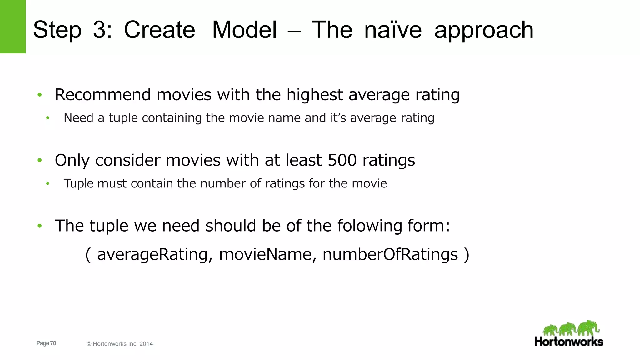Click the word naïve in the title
point(393,30)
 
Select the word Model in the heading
point(244,30)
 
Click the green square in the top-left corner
point(12,27)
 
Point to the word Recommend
point(103,95)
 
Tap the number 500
point(342,160)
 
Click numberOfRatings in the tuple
point(390,254)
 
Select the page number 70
point(53,343)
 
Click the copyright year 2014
point(146,344)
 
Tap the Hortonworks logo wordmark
point(569,342)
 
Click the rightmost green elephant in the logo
point(588,328)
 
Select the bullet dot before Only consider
point(40,160)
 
